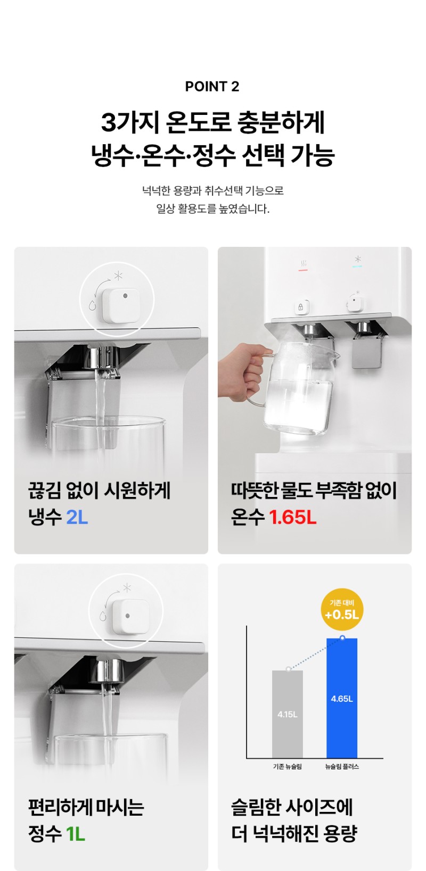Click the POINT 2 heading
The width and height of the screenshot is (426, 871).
click(212, 86)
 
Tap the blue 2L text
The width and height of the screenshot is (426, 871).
click(77, 517)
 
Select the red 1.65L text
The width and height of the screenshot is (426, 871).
click(292, 517)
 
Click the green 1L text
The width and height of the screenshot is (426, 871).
click(76, 834)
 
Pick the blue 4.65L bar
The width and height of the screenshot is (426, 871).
click(341, 698)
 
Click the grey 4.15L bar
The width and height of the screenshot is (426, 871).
click(287, 714)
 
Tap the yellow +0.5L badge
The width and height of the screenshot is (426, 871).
click(342, 609)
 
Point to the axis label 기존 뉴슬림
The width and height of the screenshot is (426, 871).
click(287, 766)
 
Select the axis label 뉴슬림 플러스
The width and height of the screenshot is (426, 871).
click(342, 766)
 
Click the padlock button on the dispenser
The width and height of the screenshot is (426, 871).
click(301, 307)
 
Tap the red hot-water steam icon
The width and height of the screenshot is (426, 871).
click(303, 264)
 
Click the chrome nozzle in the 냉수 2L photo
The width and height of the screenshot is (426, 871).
click(104, 358)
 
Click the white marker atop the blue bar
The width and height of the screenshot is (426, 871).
click(342, 638)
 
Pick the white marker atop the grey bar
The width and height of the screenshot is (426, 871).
click(288, 669)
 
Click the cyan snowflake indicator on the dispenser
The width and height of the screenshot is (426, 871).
click(357, 262)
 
